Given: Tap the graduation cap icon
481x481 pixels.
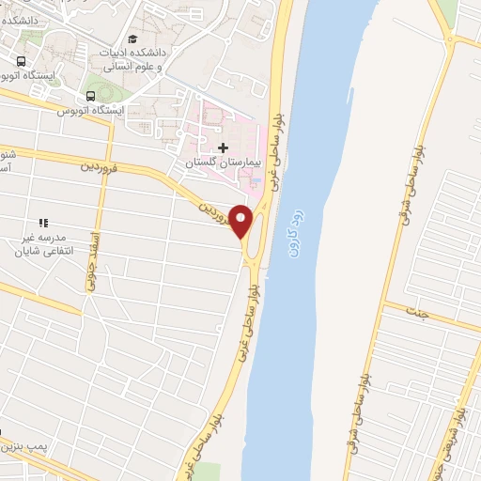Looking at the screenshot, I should (132, 39).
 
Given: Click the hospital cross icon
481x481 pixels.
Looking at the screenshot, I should (223, 147).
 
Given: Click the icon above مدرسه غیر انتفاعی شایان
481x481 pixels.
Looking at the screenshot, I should (42, 222).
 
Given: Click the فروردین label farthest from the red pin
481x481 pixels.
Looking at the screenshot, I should (101, 168).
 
